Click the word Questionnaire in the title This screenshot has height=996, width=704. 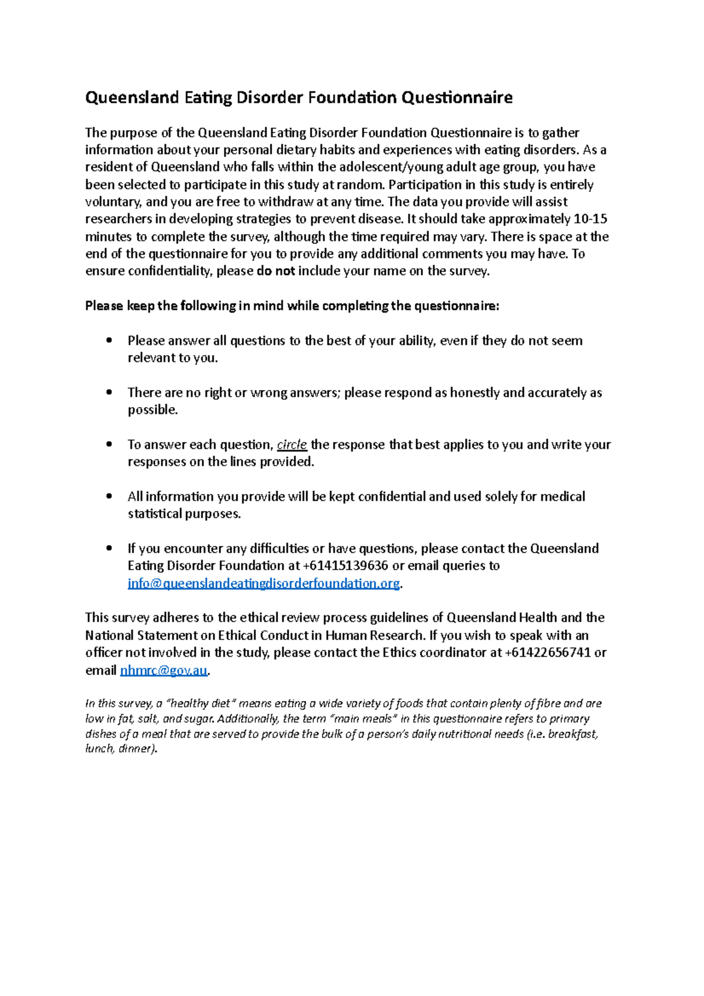[x=456, y=97]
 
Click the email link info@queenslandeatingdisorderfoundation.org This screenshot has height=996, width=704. [x=263, y=584]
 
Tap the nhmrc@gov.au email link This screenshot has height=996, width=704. [x=164, y=670]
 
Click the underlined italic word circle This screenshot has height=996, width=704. [x=292, y=445]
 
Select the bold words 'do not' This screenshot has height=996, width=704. [x=276, y=271]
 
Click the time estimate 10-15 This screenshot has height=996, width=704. [x=590, y=219]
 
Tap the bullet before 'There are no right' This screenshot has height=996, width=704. [x=109, y=392]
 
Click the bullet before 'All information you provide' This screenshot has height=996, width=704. [x=109, y=496]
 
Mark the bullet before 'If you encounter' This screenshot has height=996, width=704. [x=109, y=548]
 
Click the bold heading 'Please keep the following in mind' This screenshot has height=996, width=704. [x=292, y=306]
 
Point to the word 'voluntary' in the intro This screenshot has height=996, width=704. [x=113, y=202]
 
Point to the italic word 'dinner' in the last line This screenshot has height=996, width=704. [x=136, y=749]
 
